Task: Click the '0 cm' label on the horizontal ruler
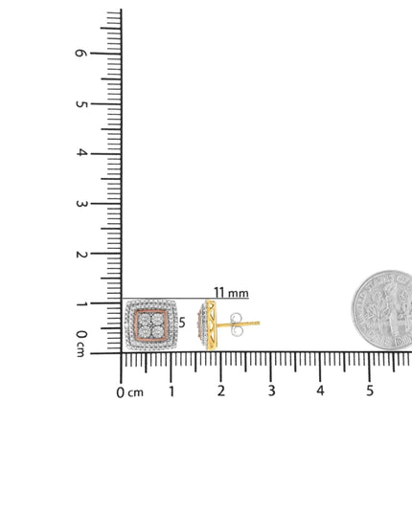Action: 130,392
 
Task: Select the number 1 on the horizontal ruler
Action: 172,391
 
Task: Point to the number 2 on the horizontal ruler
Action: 221,391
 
